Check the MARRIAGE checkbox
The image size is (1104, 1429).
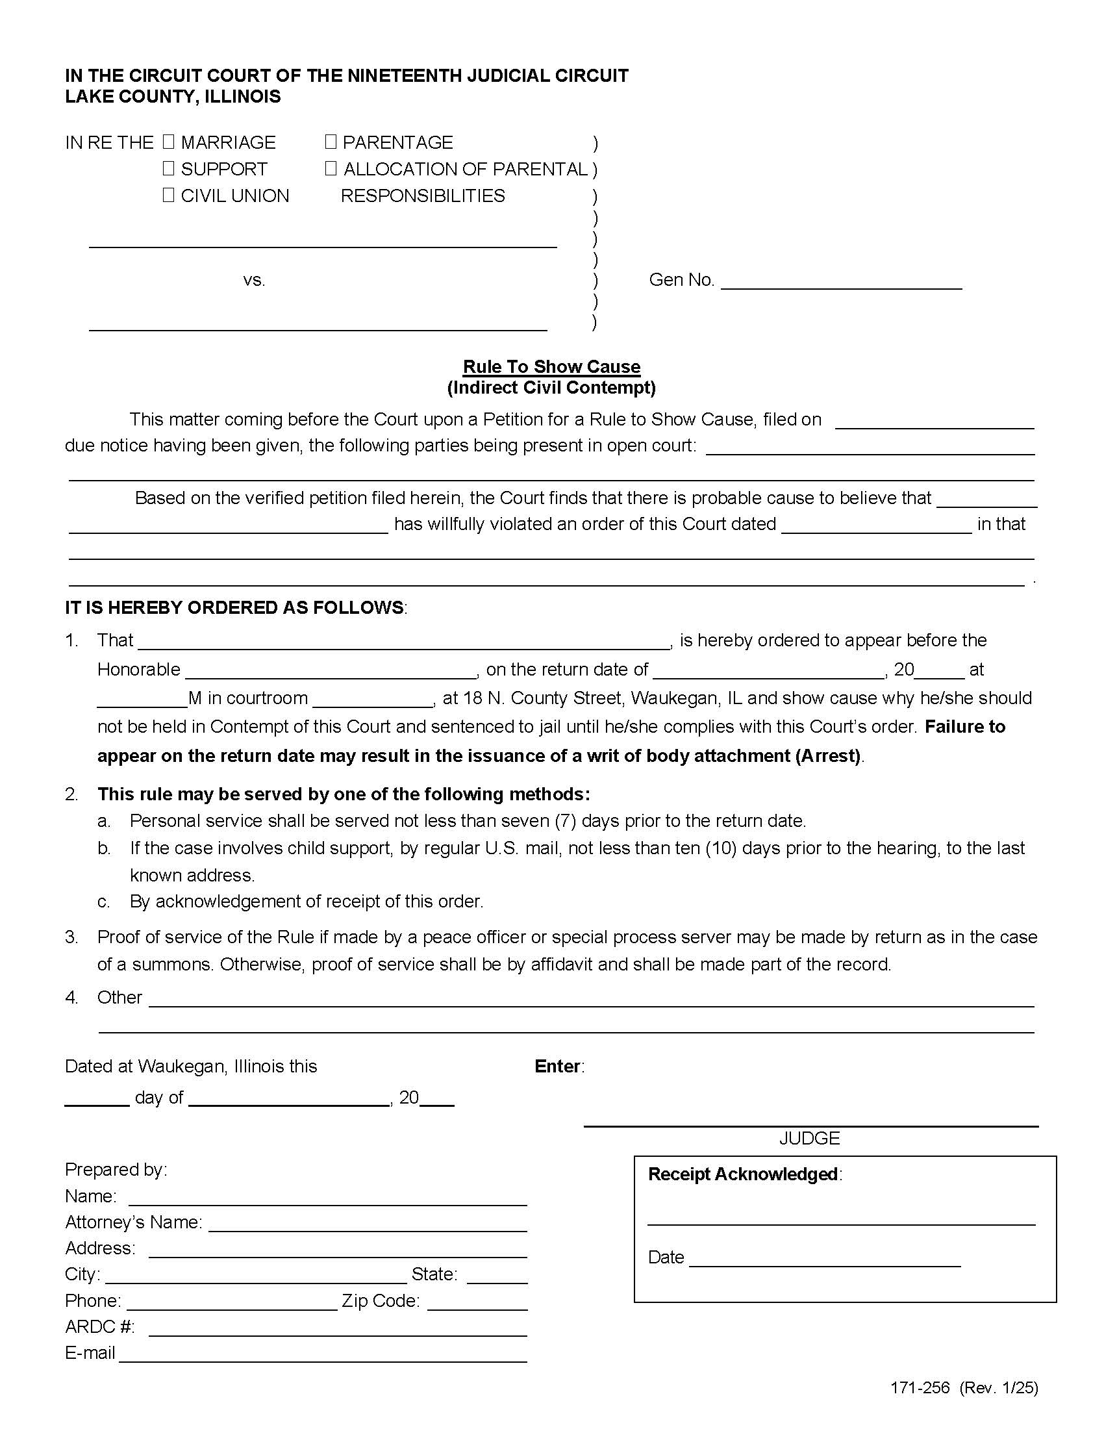click(x=169, y=142)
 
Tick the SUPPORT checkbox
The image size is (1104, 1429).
click(x=169, y=168)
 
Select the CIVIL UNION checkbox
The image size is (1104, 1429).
click(x=169, y=195)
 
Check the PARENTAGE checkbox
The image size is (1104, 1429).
click(x=331, y=142)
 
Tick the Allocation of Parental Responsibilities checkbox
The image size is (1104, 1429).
click(x=331, y=168)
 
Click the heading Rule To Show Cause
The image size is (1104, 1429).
click(x=551, y=366)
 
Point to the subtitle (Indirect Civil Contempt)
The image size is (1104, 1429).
click(x=551, y=387)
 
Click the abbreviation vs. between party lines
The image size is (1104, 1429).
click(x=254, y=280)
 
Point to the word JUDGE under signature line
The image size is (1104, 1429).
click(x=809, y=1139)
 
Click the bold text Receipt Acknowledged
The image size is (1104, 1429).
click(x=743, y=1174)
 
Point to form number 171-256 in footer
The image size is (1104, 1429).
click(x=920, y=1388)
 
